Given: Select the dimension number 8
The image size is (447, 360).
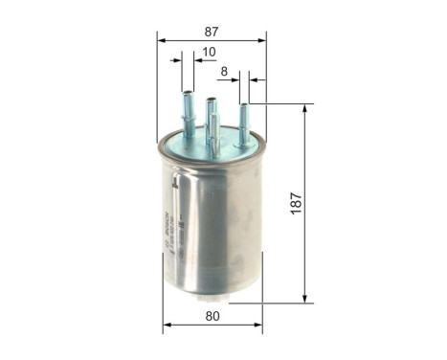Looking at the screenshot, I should tap(224, 71).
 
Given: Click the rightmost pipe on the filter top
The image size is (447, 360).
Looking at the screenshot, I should tap(244, 122).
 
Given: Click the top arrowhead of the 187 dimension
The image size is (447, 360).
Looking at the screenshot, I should tap(304, 108).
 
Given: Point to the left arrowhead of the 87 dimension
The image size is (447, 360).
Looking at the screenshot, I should tap(162, 41).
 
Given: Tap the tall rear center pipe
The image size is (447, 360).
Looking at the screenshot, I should tap(210, 110).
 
